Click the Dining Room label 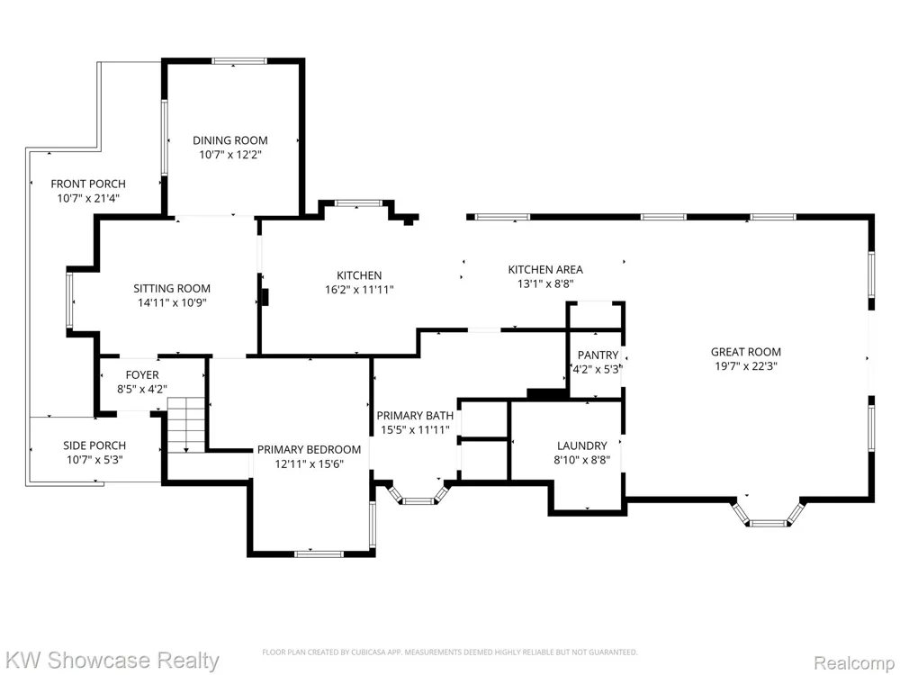pos(230,140)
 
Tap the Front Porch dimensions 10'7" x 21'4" pos(88,199)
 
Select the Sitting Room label pos(172,289)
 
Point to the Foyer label pos(142,375)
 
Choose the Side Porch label pos(94,445)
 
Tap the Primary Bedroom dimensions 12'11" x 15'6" pos(310,463)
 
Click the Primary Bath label pos(415,416)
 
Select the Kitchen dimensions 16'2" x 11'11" pos(359,290)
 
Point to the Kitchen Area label pos(546,269)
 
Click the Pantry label pos(598,355)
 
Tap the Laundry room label pos(582,445)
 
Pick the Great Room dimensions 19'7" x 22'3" pos(746,366)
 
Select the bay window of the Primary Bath pos(418,494)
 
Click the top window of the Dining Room pos(239,61)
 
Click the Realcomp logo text pos(855,663)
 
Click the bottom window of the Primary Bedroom pos(319,553)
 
